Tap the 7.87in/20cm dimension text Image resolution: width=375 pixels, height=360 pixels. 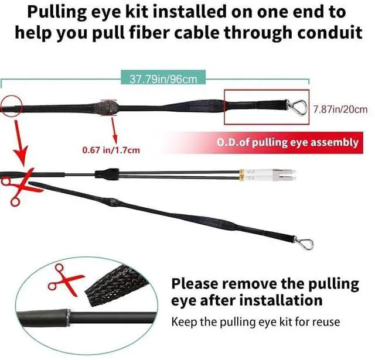pos(340,109)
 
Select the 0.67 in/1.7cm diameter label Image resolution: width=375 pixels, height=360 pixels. pos(111,150)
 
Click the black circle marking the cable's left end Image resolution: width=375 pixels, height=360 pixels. pos(11,107)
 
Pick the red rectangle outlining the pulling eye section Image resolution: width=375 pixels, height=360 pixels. pos(267,107)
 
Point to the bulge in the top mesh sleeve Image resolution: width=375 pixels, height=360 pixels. pos(110,107)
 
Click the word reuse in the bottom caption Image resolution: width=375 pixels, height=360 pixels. pos(326,321)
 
